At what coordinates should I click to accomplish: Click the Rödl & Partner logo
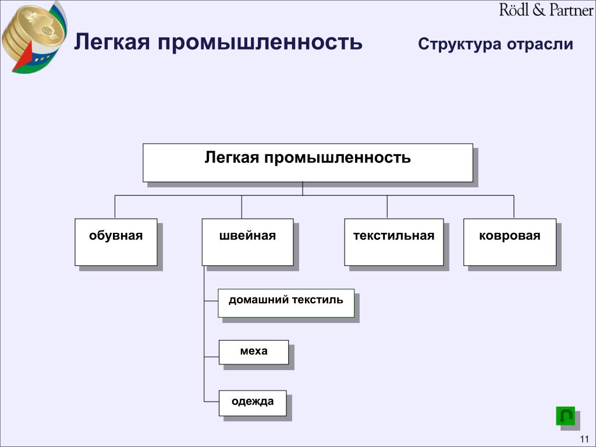coord(546,10)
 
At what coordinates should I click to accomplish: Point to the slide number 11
coord(584,439)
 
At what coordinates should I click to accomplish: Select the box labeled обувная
coord(116,242)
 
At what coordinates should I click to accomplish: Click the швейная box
coord(247,242)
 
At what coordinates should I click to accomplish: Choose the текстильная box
coord(393,242)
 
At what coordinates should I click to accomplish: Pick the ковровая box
coord(509,242)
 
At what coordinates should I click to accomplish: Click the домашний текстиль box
coord(286,303)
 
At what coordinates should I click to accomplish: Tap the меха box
coord(253,352)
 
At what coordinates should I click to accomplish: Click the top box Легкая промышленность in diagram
coord(307,163)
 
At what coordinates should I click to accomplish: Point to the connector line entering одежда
coord(211,402)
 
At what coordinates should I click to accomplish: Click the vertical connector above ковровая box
coord(513,207)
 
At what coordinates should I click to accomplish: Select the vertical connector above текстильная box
coord(387,207)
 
